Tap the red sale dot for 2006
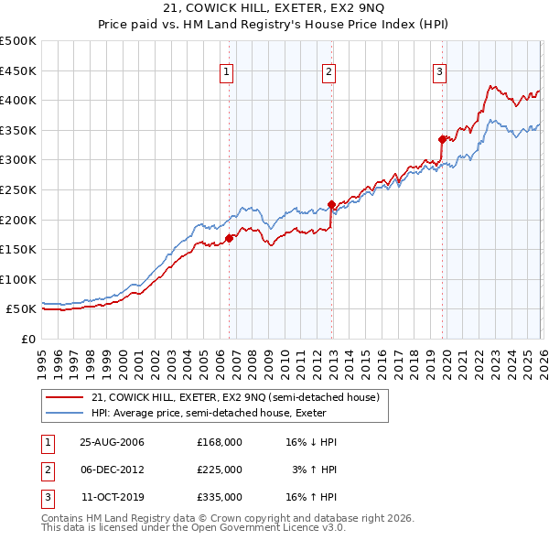pos(229,239)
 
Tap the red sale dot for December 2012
pos(331,205)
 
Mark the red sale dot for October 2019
pos(442,139)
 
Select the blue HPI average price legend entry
pos(214,413)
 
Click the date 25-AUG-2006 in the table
pos(112,442)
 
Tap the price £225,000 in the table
pos(219,470)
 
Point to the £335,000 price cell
pos(219,497)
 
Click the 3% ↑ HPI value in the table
pos(314,470)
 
